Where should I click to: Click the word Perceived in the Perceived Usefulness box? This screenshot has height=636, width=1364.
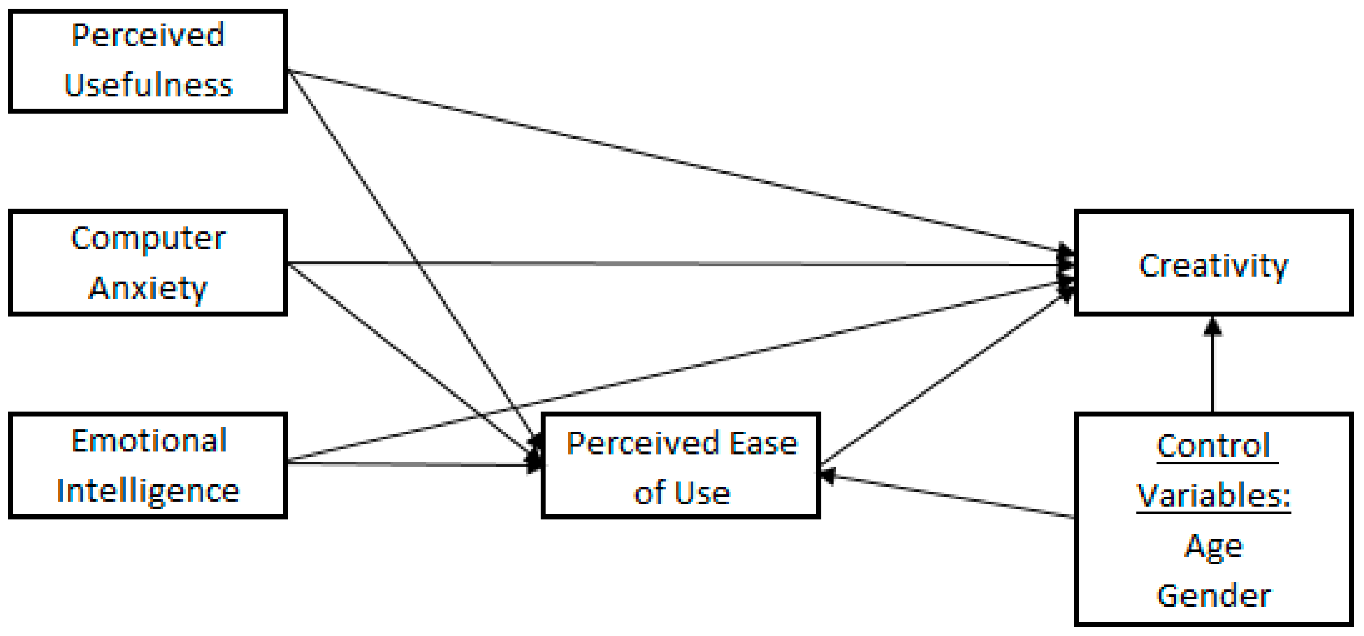pos(148,36)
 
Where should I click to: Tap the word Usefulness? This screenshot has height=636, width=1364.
pos(148,85)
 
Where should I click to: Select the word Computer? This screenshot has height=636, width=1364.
pos(148,239)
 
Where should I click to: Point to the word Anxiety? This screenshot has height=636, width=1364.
pos(148,289)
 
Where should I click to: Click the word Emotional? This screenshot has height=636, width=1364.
pos(149,441)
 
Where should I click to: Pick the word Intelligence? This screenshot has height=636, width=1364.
pos(148,492)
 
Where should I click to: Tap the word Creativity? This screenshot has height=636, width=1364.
pos(1213,266)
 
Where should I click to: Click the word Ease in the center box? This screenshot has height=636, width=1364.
pos(764,443)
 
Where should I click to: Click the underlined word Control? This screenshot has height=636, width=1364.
pos(1213,446)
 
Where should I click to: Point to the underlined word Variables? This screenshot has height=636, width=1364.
pos(1213,496)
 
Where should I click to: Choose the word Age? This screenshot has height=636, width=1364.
pos(1213,546)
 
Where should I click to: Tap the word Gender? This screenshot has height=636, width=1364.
pos(1213,596)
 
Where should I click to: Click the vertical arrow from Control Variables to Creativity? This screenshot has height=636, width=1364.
pos(1213,371)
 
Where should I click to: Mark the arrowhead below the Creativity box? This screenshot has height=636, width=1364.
pos(1213,327)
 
